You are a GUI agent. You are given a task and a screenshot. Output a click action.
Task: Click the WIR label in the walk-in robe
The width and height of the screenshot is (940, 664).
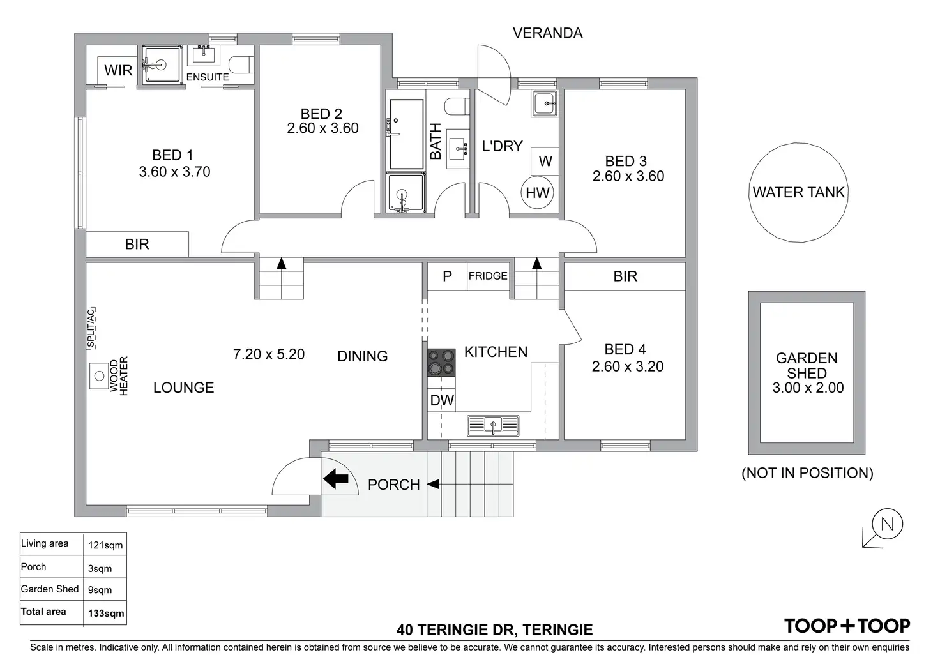(118, 70)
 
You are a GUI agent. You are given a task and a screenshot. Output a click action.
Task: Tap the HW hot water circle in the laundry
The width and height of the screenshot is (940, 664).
(537, 193)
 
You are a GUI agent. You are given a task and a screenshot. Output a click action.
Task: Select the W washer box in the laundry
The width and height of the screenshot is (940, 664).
(545, 161)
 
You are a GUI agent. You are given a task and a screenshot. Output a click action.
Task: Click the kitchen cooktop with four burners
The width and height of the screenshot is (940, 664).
(441, 363)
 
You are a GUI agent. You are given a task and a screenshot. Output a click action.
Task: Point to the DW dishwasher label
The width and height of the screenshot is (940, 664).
(442, 400)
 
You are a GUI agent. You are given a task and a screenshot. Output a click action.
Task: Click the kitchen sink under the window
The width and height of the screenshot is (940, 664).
(493, 425)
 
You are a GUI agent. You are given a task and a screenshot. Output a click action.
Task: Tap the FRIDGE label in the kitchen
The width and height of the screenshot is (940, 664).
(488, 276)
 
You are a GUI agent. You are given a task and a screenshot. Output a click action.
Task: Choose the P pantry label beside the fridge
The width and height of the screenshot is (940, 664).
(447, 276)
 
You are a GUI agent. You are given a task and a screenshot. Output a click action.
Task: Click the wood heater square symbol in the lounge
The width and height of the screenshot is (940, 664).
(99, 376)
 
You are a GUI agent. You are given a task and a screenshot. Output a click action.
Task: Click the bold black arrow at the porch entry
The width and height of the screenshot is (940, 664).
(336, 479)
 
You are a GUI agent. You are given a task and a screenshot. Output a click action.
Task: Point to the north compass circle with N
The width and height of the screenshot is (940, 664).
(887, 524)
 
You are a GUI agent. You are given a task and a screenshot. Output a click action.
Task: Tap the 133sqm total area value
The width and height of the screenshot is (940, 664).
(106, 614)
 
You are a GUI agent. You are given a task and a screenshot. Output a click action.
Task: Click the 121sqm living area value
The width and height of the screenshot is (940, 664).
(105, 545)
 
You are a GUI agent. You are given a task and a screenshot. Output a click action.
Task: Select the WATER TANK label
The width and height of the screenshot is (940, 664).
(798, 192)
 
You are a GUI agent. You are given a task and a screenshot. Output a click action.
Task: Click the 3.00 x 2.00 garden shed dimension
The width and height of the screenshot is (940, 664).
(808, 388)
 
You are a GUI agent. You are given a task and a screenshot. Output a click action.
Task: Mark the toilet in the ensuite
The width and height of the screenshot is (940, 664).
(241, 65)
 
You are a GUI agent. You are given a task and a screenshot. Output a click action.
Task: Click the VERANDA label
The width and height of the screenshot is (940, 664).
(548, 33)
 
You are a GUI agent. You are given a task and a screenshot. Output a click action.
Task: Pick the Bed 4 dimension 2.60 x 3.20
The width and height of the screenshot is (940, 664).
(627, 366)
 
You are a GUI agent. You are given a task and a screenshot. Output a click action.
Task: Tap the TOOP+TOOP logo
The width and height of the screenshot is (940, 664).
(847, 627)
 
